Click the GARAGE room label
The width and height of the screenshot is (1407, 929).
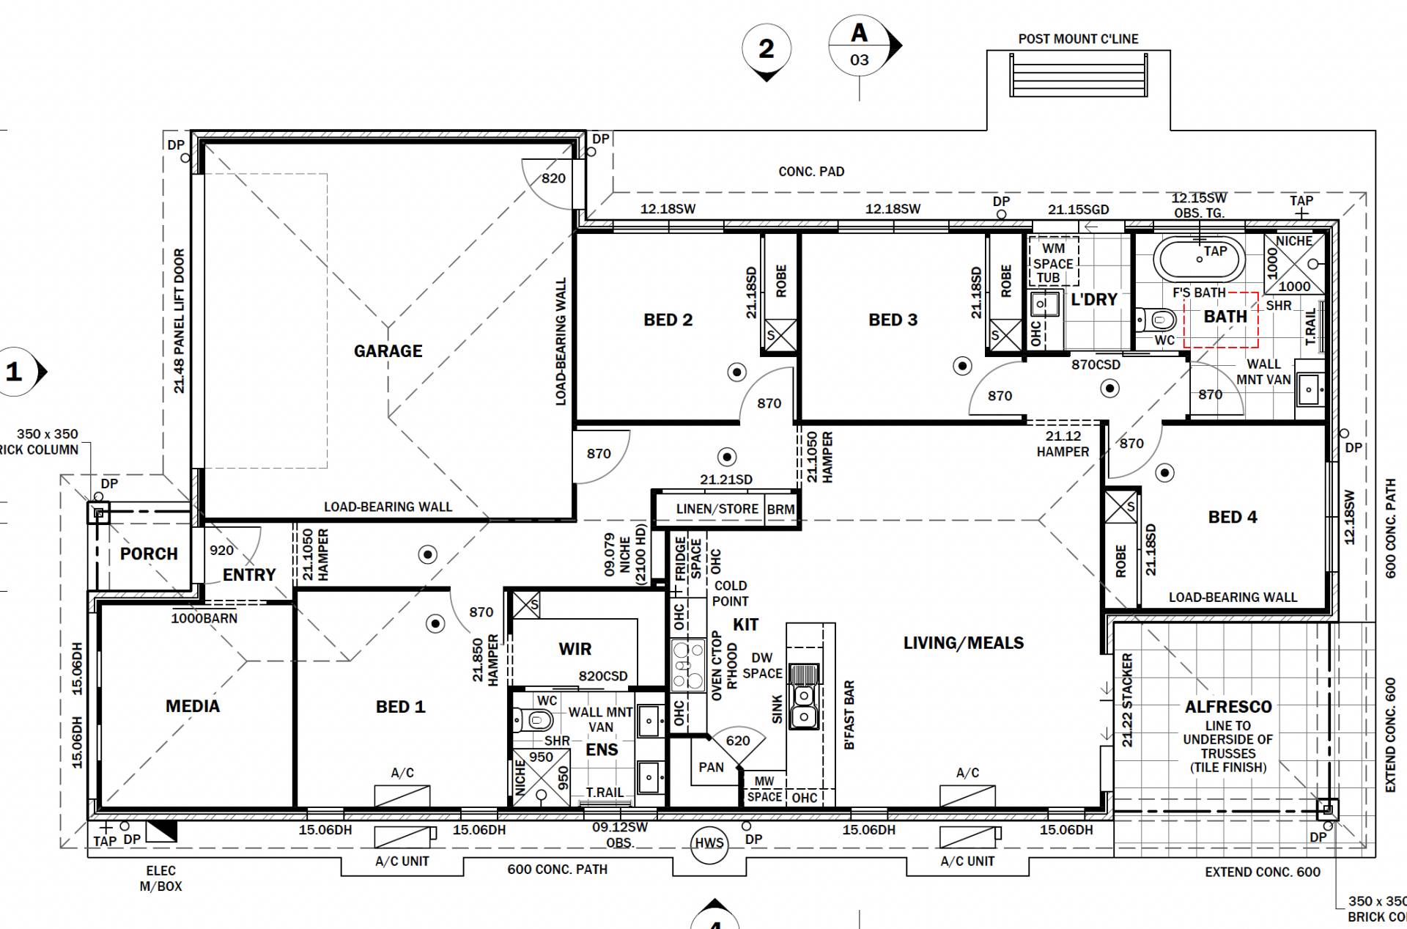(x=388, y=351)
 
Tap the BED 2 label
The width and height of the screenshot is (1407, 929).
(x=668, y=320)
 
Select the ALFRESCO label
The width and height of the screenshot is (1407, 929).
(x=1228, y=707)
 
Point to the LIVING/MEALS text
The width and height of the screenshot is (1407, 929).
(x=963, y=643)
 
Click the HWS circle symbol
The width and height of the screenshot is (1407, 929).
(x=709, y=843)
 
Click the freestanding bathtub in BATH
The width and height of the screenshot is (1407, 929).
(x=1199, y=258)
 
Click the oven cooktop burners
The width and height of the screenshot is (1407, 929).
(x=686, y=666)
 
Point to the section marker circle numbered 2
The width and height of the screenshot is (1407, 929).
(x=766, y=48)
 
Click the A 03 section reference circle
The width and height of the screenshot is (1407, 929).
(x=859, y=45)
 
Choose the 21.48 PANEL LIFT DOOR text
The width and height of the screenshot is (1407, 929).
(x=180, y=321)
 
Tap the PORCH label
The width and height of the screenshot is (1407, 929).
(x=149, y=554)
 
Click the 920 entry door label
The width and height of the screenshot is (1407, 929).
(x=221, y=550)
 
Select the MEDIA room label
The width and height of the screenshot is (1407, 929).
(x=193, y=706)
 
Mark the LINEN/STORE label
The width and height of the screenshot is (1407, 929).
(x=717, y=509)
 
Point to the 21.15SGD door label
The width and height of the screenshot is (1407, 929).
(x=1078, y=209)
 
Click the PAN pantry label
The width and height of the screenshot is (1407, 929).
(x=711, y=767)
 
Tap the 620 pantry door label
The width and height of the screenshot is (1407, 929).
(x=737, y=741)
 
